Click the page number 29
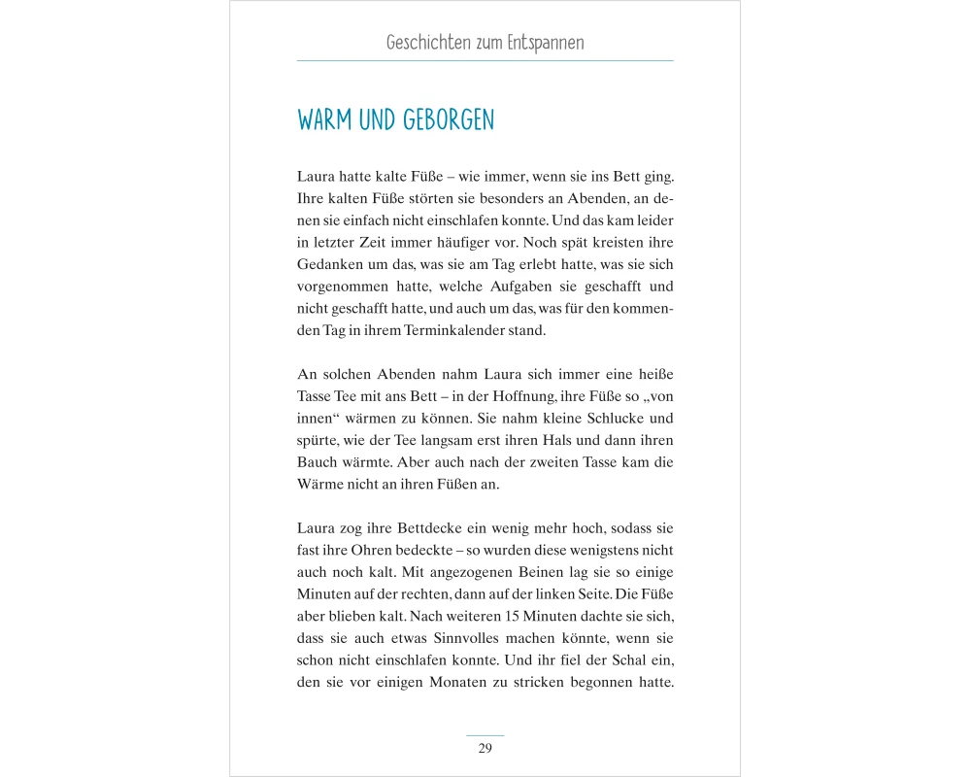coord(485,748)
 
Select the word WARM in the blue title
coord(325,120)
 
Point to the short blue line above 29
coord(485,735)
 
